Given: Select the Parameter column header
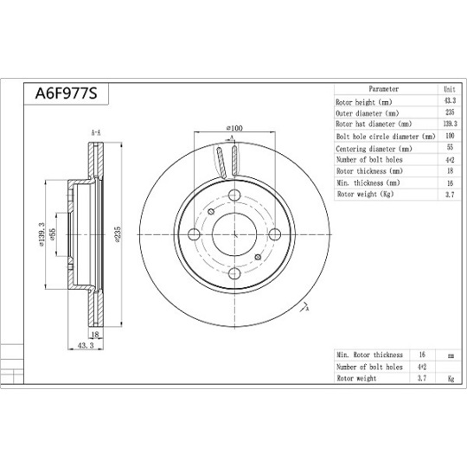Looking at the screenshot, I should (x=383, y=89).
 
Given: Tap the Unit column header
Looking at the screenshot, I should (x=449, y=89).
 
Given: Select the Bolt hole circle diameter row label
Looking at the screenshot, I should (x=385, y=137).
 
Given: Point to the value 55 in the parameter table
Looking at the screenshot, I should (x=449, y=148).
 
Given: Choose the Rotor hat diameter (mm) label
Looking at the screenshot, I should (x=378, y=125).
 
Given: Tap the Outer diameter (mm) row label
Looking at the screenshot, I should (x=368, y=113).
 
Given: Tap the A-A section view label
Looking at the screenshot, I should (x=95, y=131).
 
